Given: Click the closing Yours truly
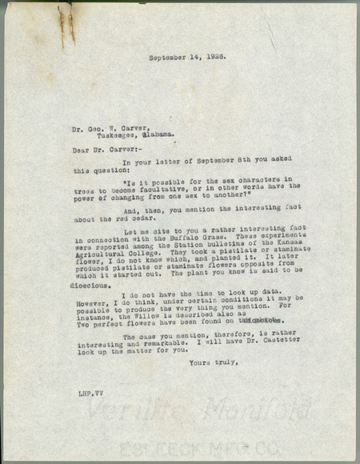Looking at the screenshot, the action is (212, 363).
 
